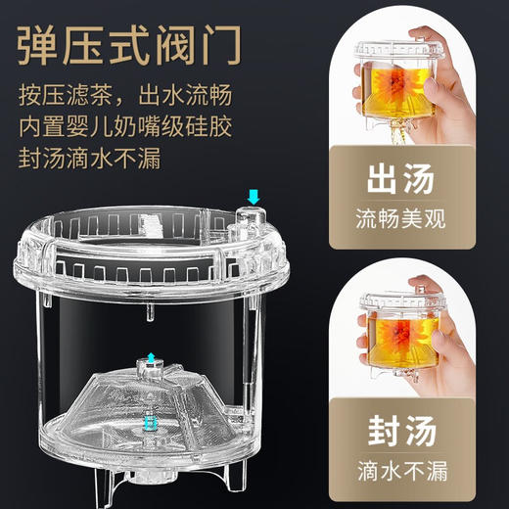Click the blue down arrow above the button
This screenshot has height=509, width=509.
(x=254, y=198)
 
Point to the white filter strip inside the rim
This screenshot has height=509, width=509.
(x=153, y=222)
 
